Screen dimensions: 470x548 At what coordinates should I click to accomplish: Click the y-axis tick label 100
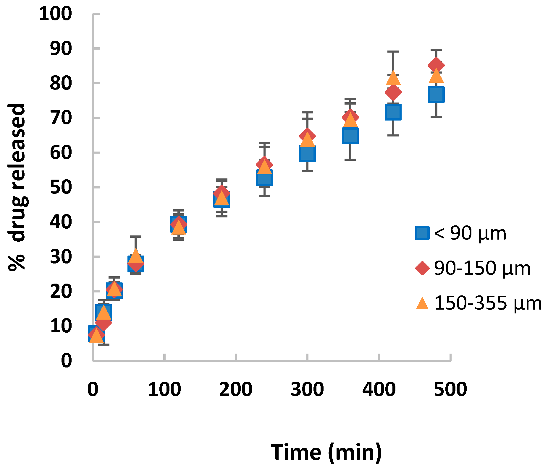click(x=55, y=14)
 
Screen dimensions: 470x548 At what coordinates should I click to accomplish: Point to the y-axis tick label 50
click(x=61, y=187)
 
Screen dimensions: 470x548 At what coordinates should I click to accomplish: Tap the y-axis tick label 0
click(x=66, y=361)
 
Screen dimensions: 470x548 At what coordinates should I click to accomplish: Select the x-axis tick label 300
click(x=307, y=389)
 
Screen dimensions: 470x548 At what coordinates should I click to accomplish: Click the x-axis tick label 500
click(x=450, y=389)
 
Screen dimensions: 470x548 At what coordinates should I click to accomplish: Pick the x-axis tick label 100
click(x=164, y=389)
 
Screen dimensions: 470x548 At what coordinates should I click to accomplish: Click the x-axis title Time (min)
click(x=326, y=452)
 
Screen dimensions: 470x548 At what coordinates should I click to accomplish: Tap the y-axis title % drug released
click(x=18, y=187)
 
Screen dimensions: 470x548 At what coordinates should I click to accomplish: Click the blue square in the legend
click(x=422, y=233)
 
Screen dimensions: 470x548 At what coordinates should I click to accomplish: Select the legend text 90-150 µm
click(x=482, y=268)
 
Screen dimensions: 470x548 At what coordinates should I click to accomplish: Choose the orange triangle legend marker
click(x=422, y=304)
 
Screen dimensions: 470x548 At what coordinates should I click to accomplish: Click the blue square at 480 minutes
click(x=436, y=95)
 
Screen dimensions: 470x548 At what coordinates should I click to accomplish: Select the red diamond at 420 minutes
click(x=393, y=92)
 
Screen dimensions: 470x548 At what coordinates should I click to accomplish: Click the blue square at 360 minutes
click(x=350, y=136)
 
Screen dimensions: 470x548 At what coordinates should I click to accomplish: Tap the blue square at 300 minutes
click(x=307, y=154)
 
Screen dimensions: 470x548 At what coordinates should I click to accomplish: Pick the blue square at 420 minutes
click(x=393, y=112)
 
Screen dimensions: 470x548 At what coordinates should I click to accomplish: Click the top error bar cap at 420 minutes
click(x=393, y=52)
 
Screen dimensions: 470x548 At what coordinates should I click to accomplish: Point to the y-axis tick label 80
click(x=61, y=83)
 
